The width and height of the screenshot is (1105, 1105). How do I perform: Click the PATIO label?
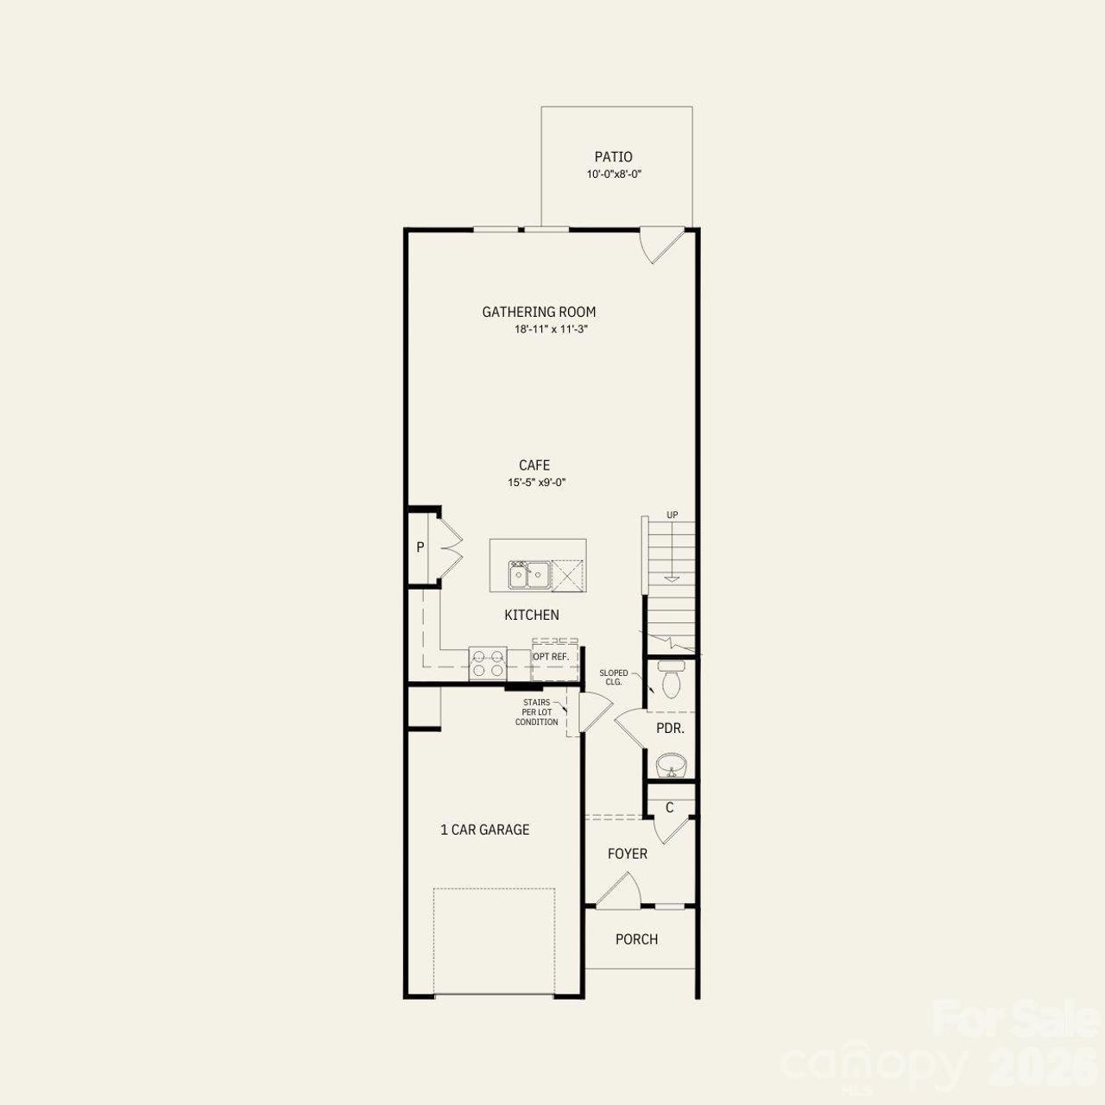[x=613, y=157]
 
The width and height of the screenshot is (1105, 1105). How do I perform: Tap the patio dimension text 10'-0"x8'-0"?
[x=614, y=174]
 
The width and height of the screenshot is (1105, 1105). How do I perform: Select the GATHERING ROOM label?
[x=539, y=313]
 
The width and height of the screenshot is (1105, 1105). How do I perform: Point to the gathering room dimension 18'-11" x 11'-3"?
[x=551, y=330]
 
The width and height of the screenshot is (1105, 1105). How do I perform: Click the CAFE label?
[x=534, y=466]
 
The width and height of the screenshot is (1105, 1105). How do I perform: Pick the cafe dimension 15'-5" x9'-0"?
[x=536, y=483]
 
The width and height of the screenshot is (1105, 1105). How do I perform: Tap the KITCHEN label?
[x=532, y=616]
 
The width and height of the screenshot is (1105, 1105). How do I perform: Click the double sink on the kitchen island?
[x=529, y=574]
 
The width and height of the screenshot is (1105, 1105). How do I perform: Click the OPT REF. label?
[x=551, y=657]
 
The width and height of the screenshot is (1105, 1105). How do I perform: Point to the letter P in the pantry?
[x=420, y=547]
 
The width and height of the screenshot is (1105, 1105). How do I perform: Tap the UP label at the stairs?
[x=672, y=515]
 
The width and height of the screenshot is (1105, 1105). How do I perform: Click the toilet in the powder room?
[x=670, y=680]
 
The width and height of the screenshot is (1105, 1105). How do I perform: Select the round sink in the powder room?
[x=670, y=765]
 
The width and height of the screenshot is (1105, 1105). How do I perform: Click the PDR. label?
[x=670, y=729]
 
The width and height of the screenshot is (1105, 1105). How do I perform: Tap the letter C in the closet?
[x=669, y=808]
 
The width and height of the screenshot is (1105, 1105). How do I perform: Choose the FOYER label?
[x=628, y=854]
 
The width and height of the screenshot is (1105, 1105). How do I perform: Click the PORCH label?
[x=636, y=939]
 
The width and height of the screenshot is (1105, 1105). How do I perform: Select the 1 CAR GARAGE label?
[x=485, y=830]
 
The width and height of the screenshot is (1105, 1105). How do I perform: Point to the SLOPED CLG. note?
[x=614, y=678]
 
